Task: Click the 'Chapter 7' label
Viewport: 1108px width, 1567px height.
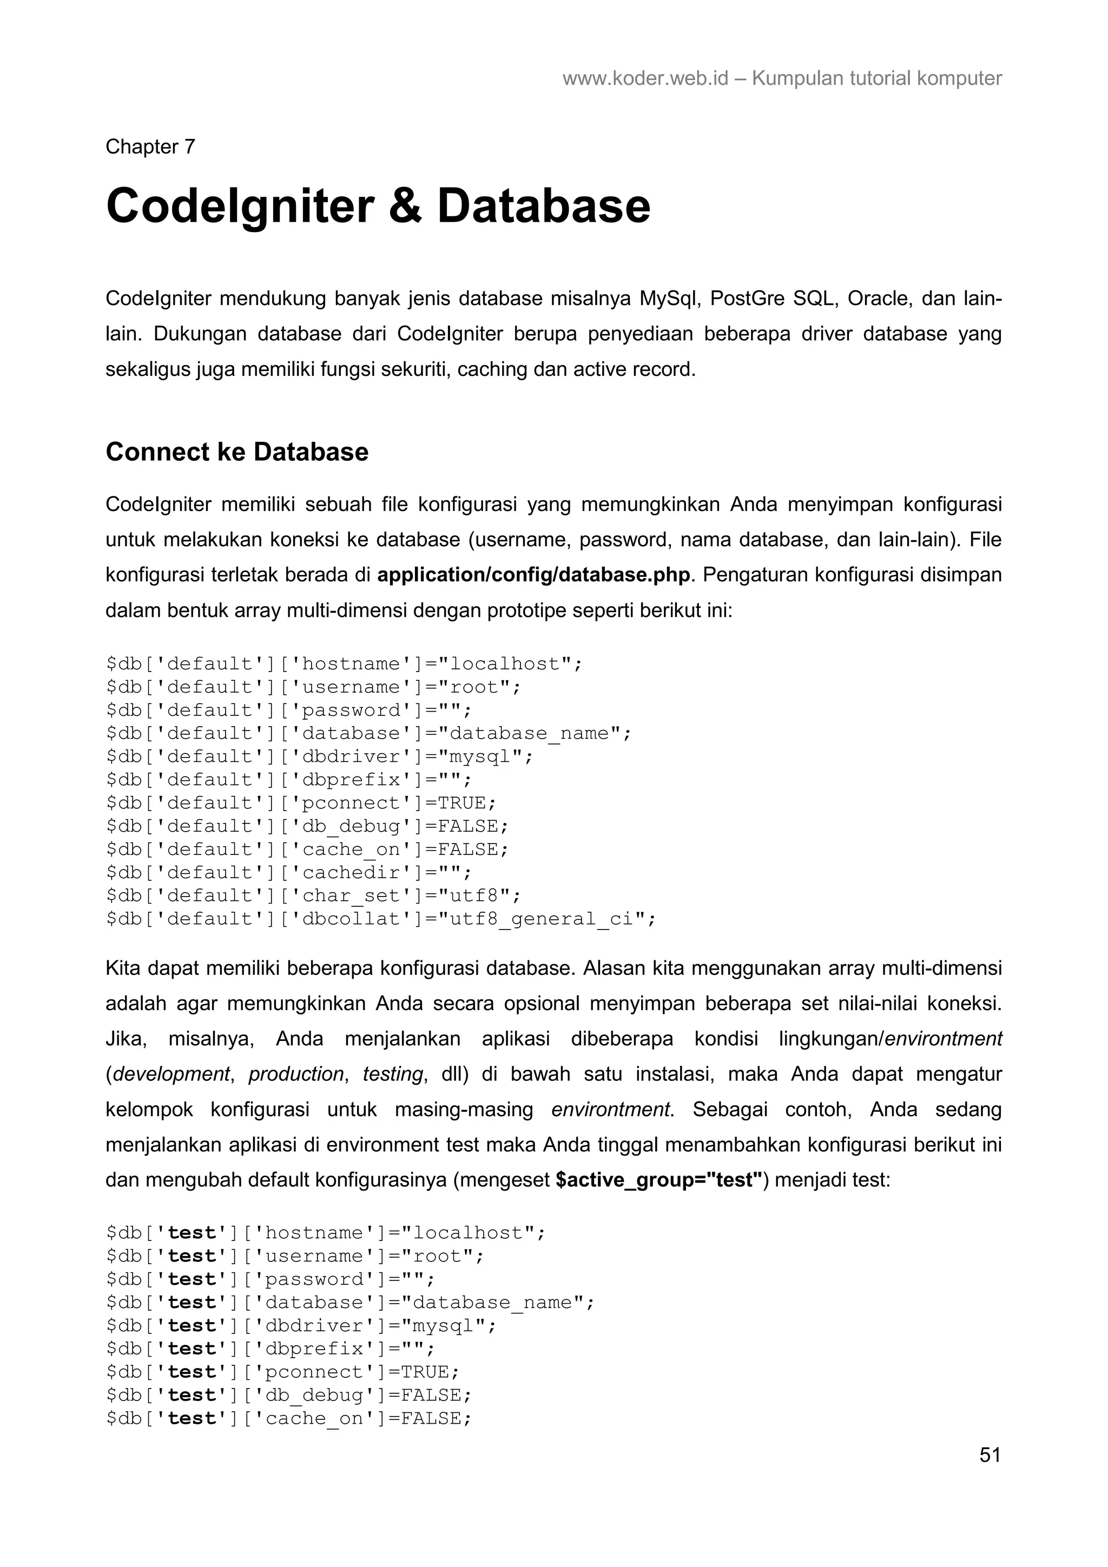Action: click(x=150, y=147)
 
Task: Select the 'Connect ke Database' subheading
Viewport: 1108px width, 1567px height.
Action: click(x=237, y=452)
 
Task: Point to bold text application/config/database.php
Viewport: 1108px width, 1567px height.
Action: click(x=533, y=575)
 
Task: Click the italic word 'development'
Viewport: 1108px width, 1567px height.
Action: click(x=170, y=1073)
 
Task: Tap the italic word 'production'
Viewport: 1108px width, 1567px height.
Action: click(x=295, y=1073)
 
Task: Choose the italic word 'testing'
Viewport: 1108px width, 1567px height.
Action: click(x=393, y=1073)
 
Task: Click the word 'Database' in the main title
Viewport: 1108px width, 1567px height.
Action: click(x=543, y=206)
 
